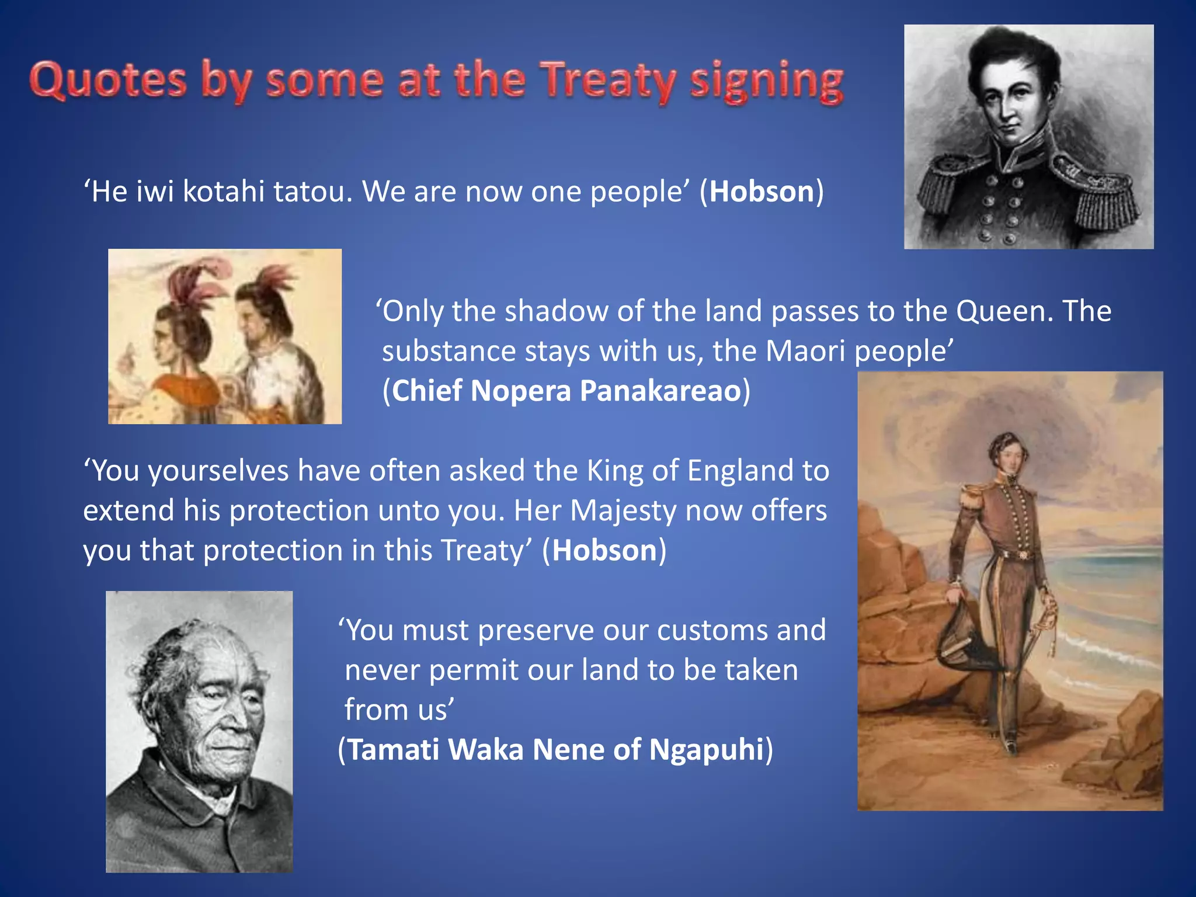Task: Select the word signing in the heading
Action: pyautogui.click(x=766, y=82)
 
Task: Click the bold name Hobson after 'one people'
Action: pyautogui.click(x=762, y=192)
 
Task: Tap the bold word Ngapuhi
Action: pyautogui.click(x=706, y=750)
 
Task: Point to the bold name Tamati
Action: pyautogui.click(x=394, y=750)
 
